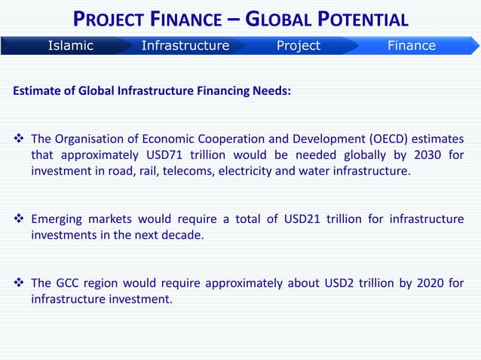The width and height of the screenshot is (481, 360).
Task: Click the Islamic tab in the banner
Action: (70, 45)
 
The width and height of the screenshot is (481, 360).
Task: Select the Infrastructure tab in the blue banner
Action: (185, 45)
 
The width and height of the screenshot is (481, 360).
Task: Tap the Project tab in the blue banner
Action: (298, 45)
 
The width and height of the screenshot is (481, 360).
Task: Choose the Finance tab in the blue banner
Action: (411, 45)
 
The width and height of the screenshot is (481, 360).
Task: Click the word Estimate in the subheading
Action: (37, 92)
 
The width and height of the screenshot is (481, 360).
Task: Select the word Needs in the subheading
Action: (271, 92)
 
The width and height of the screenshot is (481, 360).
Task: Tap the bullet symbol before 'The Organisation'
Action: (20, 139)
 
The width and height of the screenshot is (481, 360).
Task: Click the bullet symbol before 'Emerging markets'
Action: (20, 219)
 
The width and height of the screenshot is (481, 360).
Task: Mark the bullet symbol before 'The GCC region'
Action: (20, 284)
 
